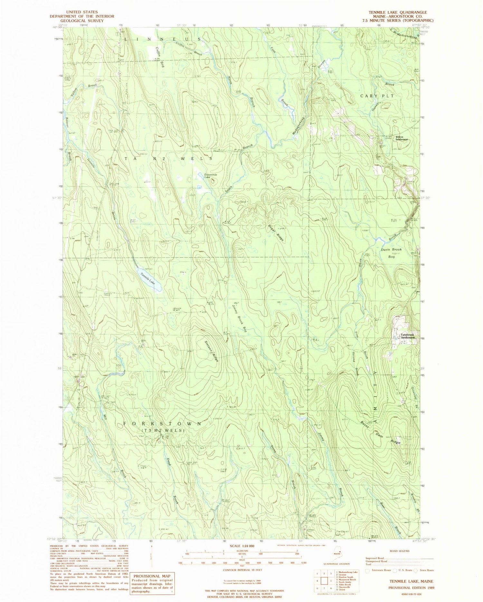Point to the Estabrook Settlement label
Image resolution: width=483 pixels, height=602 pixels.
pos(406,336)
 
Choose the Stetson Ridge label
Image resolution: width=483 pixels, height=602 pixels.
pos(212,351)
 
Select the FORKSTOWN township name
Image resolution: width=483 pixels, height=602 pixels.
pos(162,424)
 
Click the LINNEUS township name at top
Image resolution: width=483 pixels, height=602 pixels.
pos(163,39)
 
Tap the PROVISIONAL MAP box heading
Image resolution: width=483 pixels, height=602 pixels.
pos(151,576)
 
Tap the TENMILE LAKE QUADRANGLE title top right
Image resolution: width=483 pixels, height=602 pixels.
pos(398,12)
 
